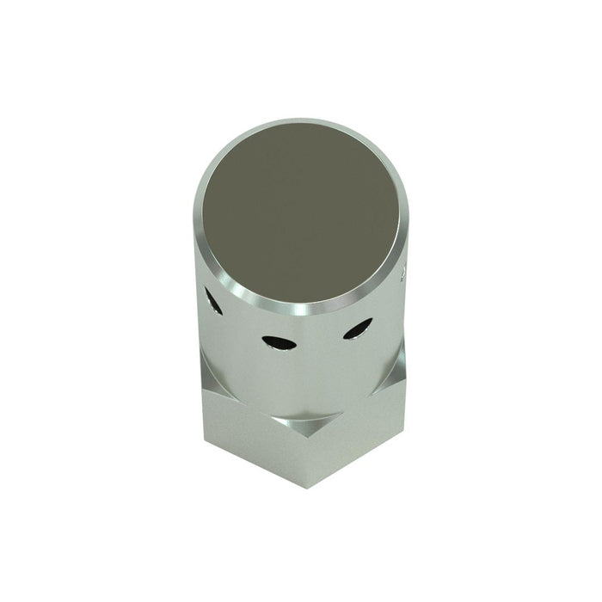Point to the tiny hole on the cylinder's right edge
(x=404, y=274)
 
